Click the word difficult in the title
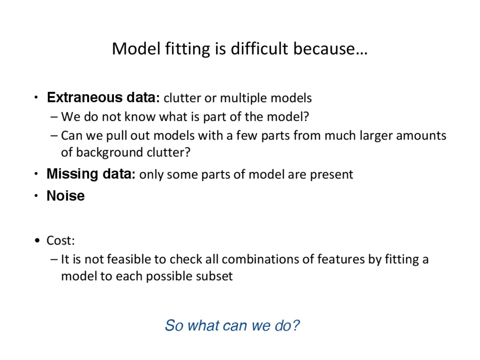coord(259,48)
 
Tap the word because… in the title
coord(330,48)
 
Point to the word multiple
coord(243,98)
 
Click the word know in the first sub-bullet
coord(140,116)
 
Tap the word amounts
coord(421,136)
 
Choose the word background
coord(109,153)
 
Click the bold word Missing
coord(72,174)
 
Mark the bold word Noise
coord(66,196)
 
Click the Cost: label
coord(61,240)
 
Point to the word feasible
coord(129,259)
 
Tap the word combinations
coord(260,259)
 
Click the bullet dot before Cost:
coord(37,241)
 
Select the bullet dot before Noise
coord(36,196)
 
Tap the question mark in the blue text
coord(296,325)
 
